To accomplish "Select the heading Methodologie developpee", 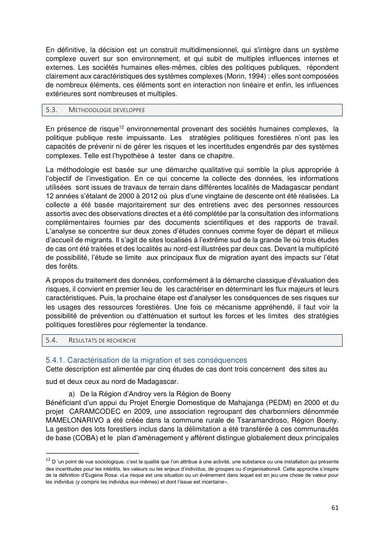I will coord(106,110).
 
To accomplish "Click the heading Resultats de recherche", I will coord(102,340).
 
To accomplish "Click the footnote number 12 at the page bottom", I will coord(48,459).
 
